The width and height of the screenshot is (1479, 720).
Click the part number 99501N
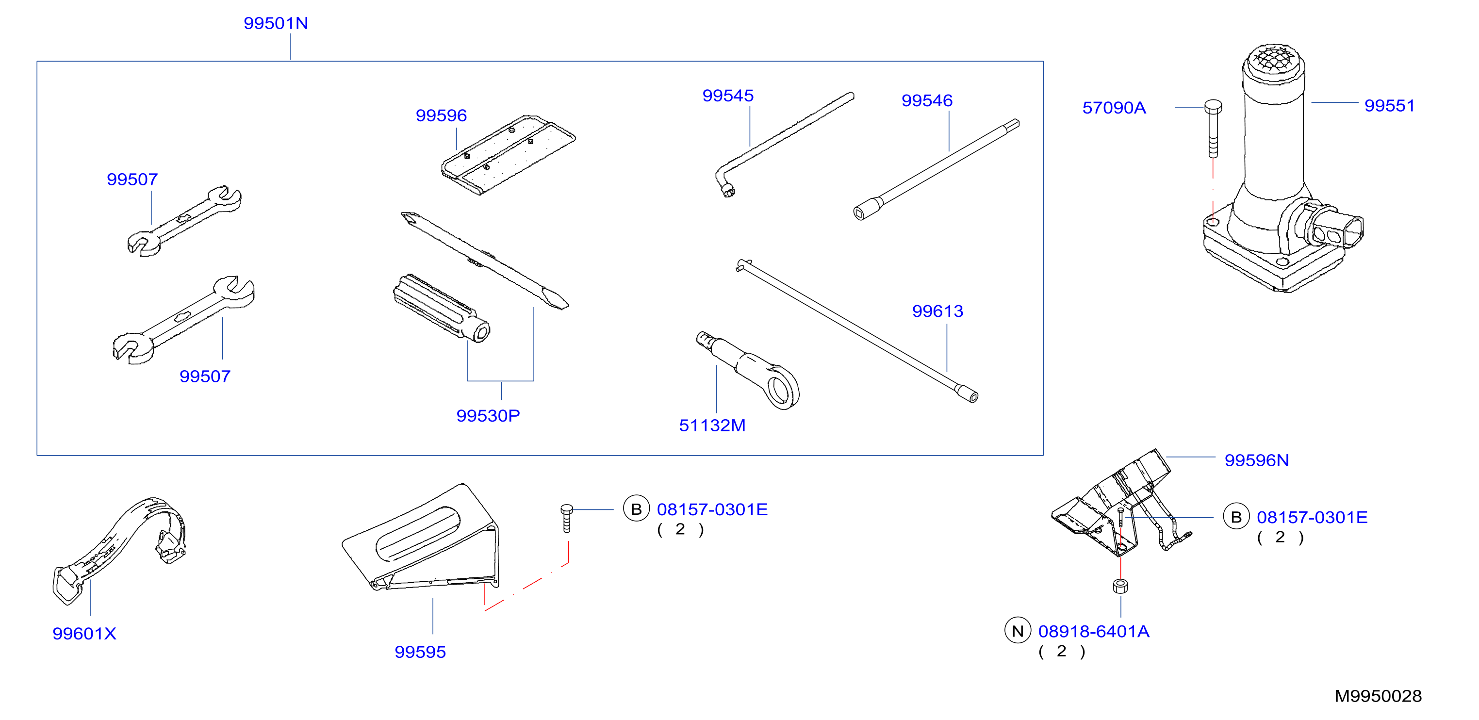pos(276,23)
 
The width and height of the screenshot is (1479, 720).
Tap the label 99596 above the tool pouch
pos(441,115)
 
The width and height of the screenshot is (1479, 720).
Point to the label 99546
pos(927,100)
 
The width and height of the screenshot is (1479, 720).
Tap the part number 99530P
pos(488,416)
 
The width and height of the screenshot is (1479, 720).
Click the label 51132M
pos(712,425)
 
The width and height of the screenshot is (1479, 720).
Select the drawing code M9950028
pos(1378,696)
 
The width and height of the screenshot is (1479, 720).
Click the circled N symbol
pos(1018,631)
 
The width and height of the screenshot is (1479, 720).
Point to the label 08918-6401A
pos(1094,632)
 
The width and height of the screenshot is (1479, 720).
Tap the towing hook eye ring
pos(782,388)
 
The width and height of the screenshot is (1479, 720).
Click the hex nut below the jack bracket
pos(1120,586)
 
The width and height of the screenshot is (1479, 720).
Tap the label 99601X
pos(84,633)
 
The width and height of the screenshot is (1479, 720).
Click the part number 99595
pos(420,652)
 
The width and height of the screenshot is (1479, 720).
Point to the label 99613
pos(937,311)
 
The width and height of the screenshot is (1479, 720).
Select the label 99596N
pos(1257,460)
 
